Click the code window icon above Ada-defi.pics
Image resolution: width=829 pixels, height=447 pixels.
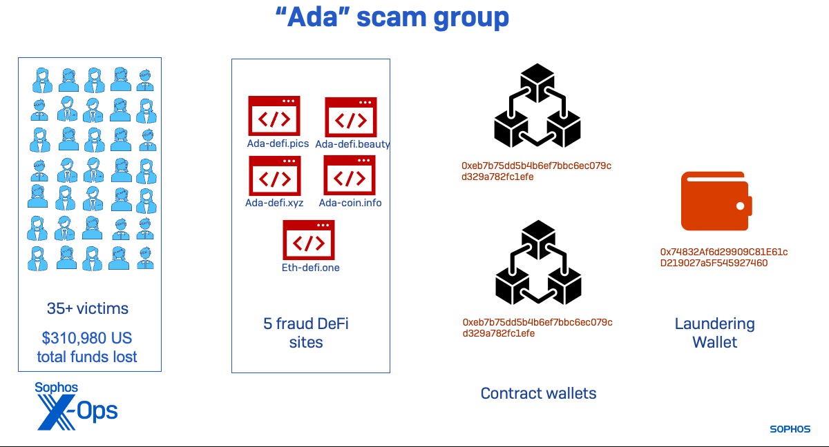(274, 116)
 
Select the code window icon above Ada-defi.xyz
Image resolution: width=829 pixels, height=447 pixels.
(274, 176)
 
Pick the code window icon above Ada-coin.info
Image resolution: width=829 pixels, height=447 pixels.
(350, 175)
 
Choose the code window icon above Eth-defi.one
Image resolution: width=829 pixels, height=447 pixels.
(308, 240)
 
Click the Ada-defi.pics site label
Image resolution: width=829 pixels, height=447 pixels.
(278, 143)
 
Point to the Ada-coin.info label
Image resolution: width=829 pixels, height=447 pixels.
(350, 203)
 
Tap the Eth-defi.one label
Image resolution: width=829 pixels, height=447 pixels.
(311, 268)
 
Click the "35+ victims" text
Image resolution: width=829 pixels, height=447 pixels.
(88, 308)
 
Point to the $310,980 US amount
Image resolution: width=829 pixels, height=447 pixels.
(87, 339)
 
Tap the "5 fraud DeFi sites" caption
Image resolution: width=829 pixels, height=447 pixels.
(306, 332)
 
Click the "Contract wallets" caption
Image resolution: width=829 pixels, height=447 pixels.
(538, 393)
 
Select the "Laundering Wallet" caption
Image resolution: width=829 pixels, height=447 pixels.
(714, 332)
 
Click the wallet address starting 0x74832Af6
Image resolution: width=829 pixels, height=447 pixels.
(723, 257)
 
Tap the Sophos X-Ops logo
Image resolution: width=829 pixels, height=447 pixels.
(76, 406)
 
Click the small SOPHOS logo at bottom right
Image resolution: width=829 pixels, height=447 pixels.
(790, 429)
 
